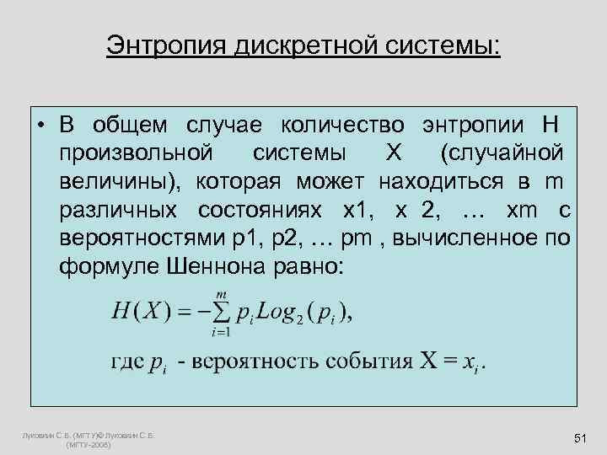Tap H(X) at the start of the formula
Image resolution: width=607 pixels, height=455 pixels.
[140, 312]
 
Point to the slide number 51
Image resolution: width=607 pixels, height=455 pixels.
[579, 439]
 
